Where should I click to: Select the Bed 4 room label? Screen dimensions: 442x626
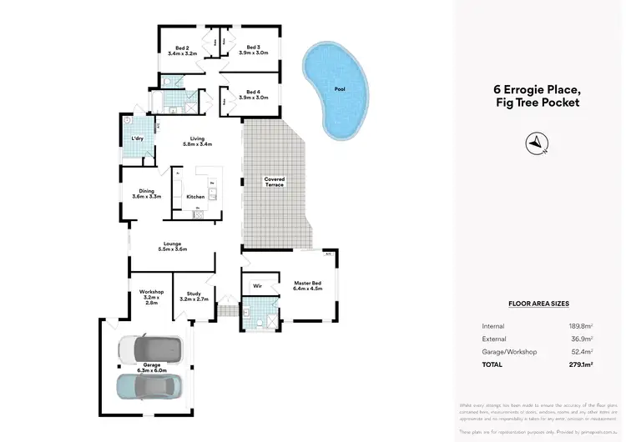[252, 94]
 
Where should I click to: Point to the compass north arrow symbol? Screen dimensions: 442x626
[534, 143]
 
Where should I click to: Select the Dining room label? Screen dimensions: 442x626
[146, 193]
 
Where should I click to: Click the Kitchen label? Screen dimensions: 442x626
[195, 197]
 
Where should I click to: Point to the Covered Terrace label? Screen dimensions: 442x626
[275, 181]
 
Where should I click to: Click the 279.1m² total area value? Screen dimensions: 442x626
[580, 364]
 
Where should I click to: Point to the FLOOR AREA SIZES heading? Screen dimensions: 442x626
[538, 304]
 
